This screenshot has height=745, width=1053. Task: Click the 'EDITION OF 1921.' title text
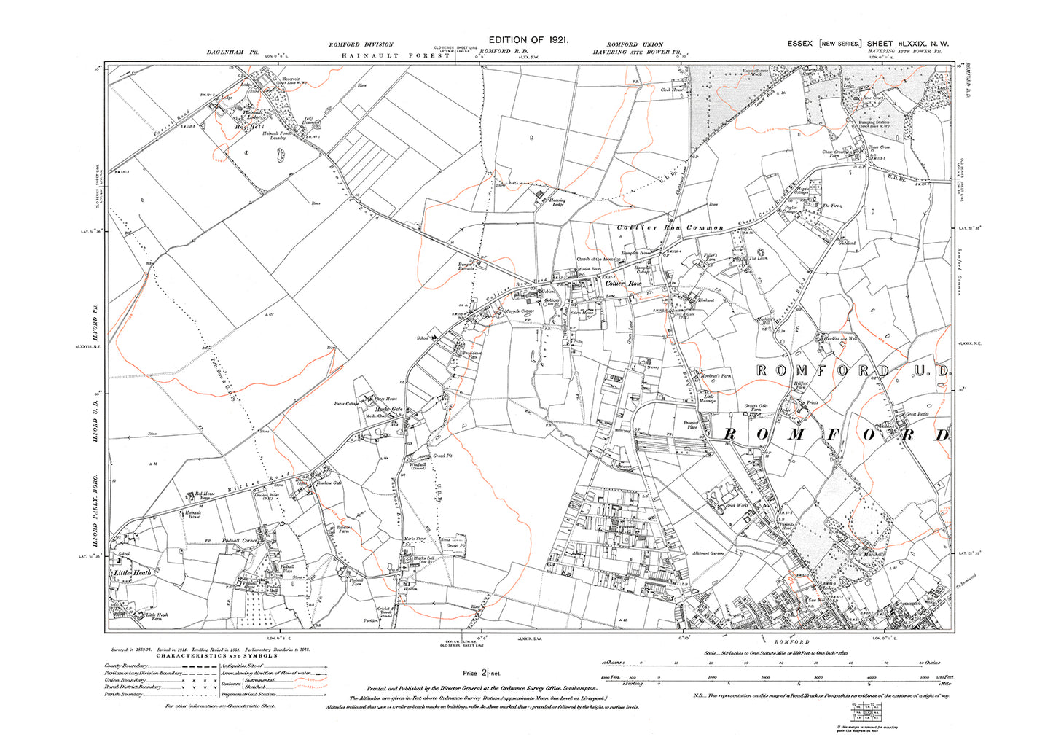click(528, 40)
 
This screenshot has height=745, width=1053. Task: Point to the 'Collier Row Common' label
click(670, 228)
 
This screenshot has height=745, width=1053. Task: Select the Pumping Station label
click(874, 122)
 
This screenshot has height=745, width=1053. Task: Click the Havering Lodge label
click(557, 202)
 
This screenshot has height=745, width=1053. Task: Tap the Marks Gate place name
click(388, 410)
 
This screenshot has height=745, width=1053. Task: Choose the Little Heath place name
click(133, 573)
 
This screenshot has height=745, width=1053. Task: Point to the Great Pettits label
click(915, 415)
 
